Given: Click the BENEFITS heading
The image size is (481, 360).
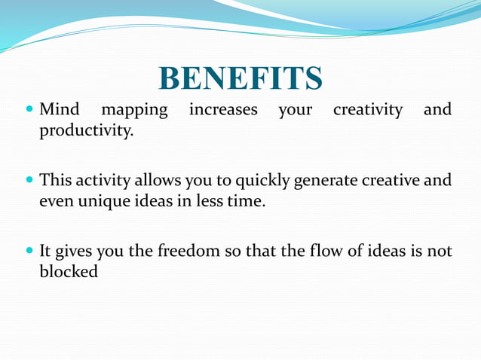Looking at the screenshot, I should [x=240, y=78].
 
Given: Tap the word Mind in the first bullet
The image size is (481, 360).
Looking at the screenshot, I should [x=60, y=111].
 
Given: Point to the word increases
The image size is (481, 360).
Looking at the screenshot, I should [x=222, y=111].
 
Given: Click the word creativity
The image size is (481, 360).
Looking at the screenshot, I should [x=368, y=111].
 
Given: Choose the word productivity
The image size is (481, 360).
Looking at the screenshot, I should [x=86, y=132].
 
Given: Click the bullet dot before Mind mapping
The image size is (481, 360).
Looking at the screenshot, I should [x=29, y=111].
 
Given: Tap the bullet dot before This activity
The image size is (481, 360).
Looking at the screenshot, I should [x=29, y=181].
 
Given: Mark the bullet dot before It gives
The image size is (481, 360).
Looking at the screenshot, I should [x=29, y=252].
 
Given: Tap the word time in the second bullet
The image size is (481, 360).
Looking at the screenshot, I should [x=247, y=201].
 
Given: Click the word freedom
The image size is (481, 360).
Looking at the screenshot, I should [x=187, y=251].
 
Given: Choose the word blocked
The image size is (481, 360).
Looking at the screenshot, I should [x=69, y=271].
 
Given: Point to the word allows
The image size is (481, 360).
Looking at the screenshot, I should [x=155, y=181].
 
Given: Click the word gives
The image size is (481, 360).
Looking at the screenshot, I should [x=73, y=252].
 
